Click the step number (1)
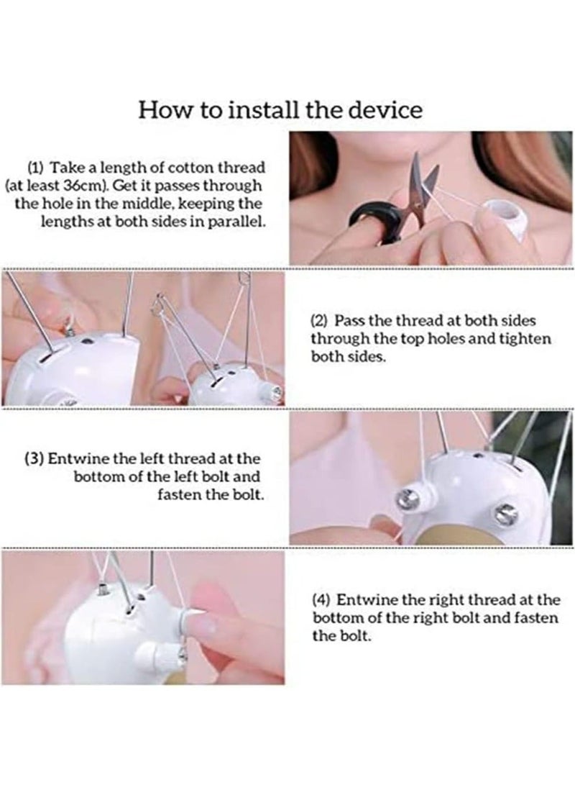[35, 167]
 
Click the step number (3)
[34, 458]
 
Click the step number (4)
[321, 600]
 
